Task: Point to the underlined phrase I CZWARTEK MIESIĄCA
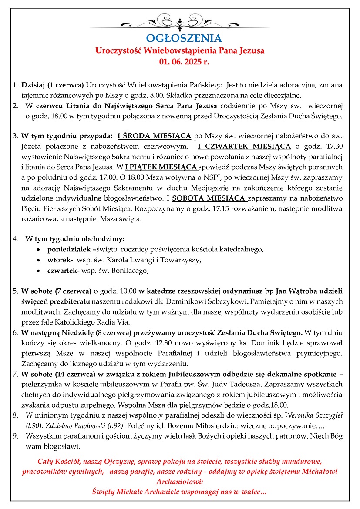(x=244, y=146)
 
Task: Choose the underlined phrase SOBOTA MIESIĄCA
(x=209, y=198)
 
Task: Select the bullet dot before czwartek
(x=39, y=271)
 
